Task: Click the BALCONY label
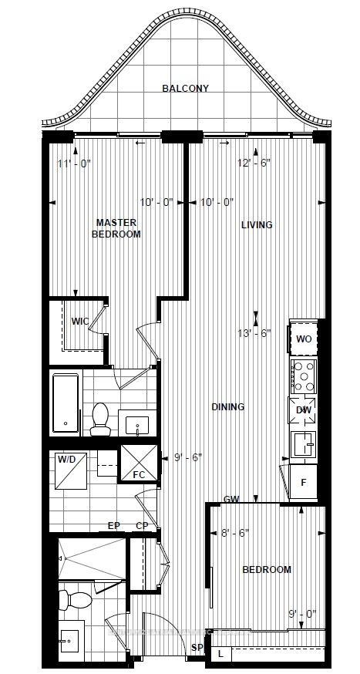(185, 89)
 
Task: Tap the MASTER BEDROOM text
(116, 228)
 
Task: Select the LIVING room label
(257, 225)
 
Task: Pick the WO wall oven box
(303, 339)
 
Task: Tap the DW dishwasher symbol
(303, 409)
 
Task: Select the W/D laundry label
(67, 460)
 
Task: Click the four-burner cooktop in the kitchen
(303, 376)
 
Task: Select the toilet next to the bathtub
(99, 420)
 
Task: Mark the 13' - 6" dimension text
(257, 334)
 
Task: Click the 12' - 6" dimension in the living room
(254, 163)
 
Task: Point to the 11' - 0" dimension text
(74, 163)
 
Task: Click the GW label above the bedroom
(230, 500)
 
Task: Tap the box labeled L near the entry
(221, 654)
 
